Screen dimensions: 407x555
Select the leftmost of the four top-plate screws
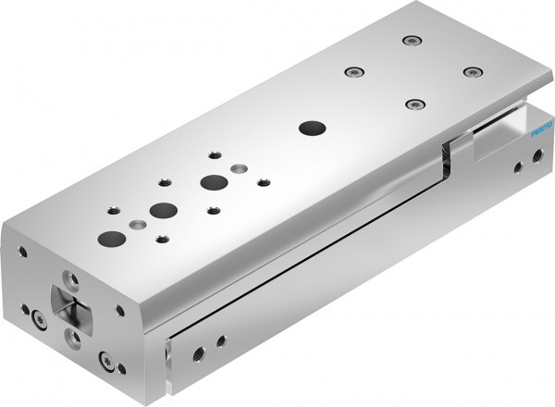coord(351,71)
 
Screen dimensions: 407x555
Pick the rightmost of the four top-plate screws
coord(473,70)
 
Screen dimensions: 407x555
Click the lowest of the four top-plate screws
coord(413,104)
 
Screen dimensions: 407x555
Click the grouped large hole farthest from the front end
coord(214,182)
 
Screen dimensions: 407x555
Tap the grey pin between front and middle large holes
coord(140,224)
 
